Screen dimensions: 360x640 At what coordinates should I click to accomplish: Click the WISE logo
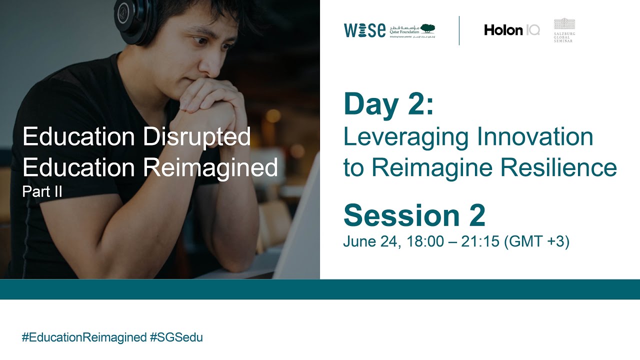point(364,30)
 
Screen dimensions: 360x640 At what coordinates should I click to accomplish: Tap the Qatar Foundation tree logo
point(427,28)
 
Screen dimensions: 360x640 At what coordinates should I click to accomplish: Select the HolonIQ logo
point(511,30)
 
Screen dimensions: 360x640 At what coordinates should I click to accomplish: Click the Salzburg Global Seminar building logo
point(564,24)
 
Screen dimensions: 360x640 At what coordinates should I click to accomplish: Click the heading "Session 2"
point(414,215)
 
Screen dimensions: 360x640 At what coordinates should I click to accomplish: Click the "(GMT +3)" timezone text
point(537,241)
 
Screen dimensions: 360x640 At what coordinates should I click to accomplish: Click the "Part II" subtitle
point(42,192)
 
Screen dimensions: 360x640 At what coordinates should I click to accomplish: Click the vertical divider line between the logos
point(459,30)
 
